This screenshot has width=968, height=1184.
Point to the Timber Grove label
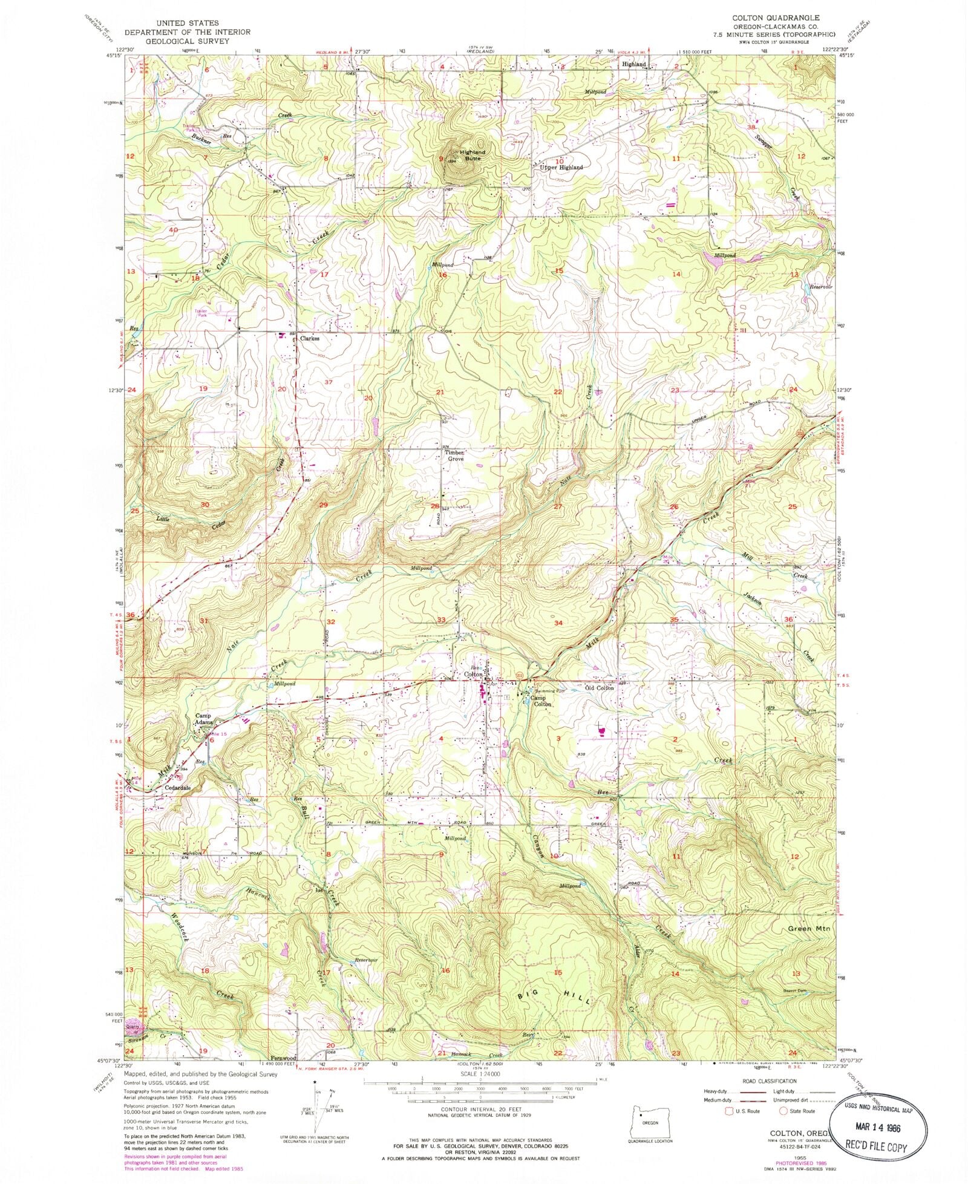[x=454, y=456]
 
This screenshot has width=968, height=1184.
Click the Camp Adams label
[x=204, y=719]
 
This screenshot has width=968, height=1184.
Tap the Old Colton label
[x=600, y=688]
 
